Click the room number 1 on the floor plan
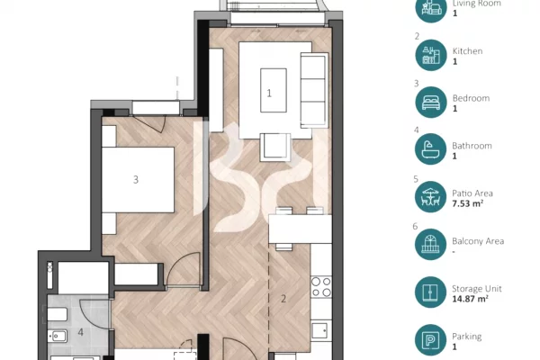pyautogui.click(x=268, y=93)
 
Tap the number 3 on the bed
pyautogui.click(x=136, y=179)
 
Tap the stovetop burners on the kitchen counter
pyautogui.click(x=320, y=286)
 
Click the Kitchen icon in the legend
pyautogui.click(x=429, y=55)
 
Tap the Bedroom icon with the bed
pyautogui.click(x=429, y=102)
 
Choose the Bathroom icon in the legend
pyautogui.click(x=429, y=149)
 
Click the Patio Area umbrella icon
pyautogui.click(x=429, y=197)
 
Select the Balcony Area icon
pyautogui.click(x=429, y=245)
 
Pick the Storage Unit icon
pyautogui.click(x=429, y=292)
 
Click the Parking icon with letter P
pyautogui.click(x=429, y=340)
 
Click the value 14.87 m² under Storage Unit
pyautogui.click(x=473, y=299)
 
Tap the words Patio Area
pyautogui.click(x=472, y=193)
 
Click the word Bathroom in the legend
pyautogui.click(x=471, y=145)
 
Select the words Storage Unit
pyautogui.click(x=476, y=288)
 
